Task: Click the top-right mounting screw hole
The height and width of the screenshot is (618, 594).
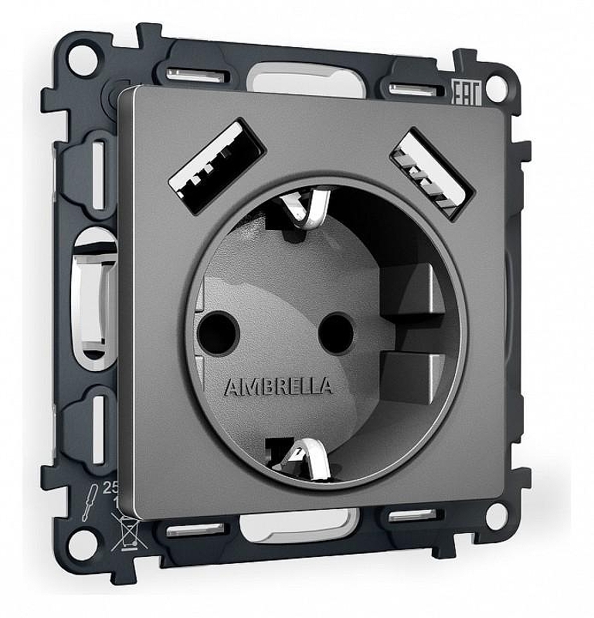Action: pyautogui.click(x=498, y=88)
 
